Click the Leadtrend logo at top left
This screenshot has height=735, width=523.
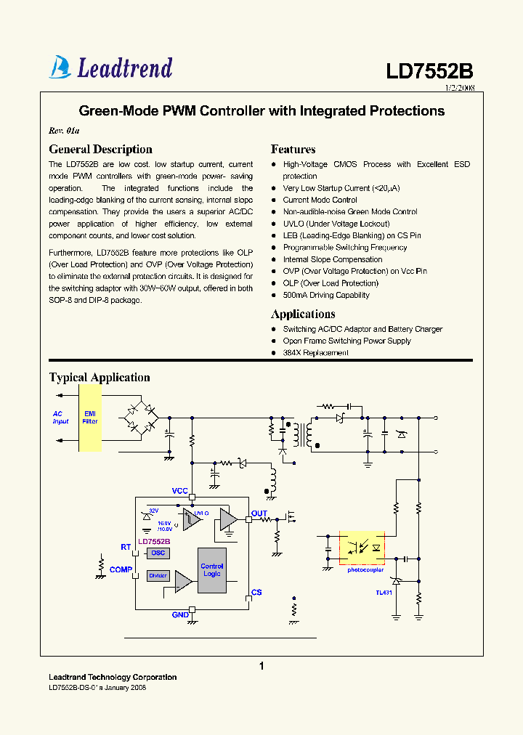pos(110,68)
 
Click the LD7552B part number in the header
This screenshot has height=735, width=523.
pos(429,71)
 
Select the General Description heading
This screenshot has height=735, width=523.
pos(100,150)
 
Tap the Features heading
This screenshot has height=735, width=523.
pos(293,150)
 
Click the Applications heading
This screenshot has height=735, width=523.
pos(303,314)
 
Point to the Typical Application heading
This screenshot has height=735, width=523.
pos(100,378)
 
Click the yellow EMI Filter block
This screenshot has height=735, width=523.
pos(90,417)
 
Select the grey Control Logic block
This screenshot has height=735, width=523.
pos(212,570)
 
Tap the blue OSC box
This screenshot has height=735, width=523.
pos(158,553)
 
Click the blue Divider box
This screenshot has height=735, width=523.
pos(158,576)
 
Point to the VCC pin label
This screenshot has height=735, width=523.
pos(180,491)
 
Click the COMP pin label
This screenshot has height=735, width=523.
pos(121,570)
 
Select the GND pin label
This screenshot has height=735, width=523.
pos(180,615)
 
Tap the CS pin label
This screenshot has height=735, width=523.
pos(256,593)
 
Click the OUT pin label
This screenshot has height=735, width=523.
pos(259,513)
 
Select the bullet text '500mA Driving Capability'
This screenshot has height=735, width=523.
pos(326,296)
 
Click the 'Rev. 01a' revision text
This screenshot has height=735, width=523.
pos(63,131)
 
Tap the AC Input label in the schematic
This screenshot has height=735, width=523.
pos(60,418)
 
